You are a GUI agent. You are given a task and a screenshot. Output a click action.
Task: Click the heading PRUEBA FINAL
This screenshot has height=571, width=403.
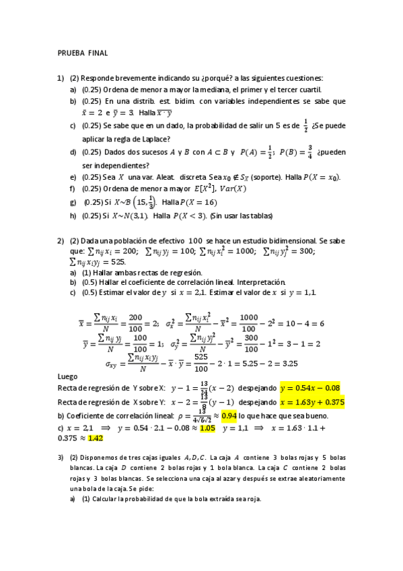click(83, 53)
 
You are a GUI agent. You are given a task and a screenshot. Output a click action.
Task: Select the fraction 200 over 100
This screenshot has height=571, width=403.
click(135, 323)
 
